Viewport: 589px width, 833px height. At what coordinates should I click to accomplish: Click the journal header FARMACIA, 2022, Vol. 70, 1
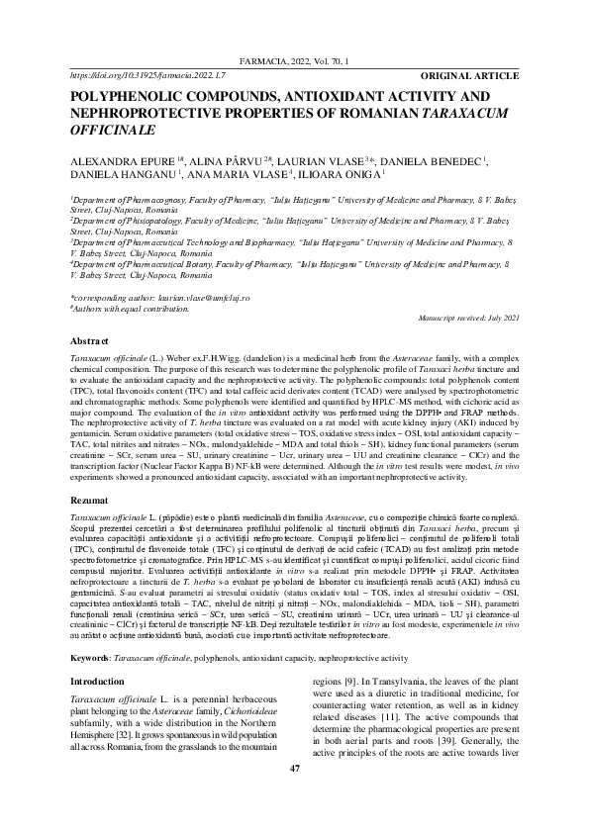pos(294,61)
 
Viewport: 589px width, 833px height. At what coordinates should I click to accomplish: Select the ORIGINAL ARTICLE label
pos(470,74)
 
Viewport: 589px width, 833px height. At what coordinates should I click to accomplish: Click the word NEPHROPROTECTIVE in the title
pos(147,113)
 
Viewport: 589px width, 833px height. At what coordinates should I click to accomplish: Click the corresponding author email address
pos(198,298)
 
